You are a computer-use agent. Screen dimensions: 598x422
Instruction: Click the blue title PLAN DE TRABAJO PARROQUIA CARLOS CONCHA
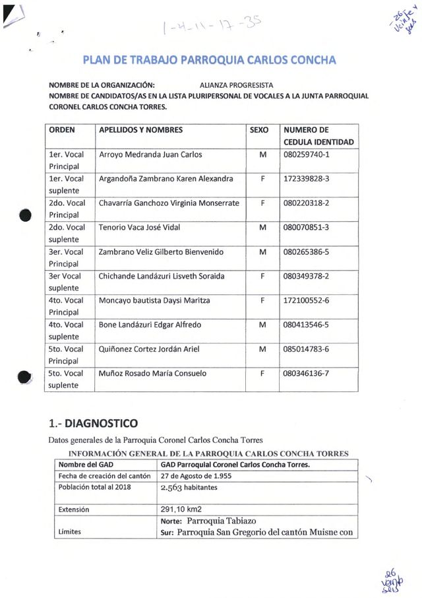pos(210,61)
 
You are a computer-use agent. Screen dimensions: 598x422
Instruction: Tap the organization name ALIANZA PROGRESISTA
pos(236,85)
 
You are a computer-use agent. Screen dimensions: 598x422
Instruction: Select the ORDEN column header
pos(62,130)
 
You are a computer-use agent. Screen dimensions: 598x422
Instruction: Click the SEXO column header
pos(259,130)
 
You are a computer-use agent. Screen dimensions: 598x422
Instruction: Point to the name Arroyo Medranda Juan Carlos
pos(150,154)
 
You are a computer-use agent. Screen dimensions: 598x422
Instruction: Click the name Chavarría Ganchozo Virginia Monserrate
pos(169,203)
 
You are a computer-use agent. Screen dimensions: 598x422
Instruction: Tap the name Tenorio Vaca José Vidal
pos(139,228)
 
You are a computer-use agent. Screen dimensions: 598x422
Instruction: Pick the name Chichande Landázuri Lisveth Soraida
pos(162,276)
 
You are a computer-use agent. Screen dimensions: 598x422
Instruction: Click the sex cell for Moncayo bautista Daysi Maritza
pos(262,300)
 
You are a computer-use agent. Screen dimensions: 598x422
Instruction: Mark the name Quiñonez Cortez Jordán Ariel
pos(148,349)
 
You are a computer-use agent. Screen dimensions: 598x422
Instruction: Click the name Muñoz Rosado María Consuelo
pos(152,374)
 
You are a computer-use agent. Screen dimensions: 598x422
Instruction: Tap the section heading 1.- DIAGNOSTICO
pos(94,422)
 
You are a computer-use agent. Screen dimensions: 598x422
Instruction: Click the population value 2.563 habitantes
pos(189,488)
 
